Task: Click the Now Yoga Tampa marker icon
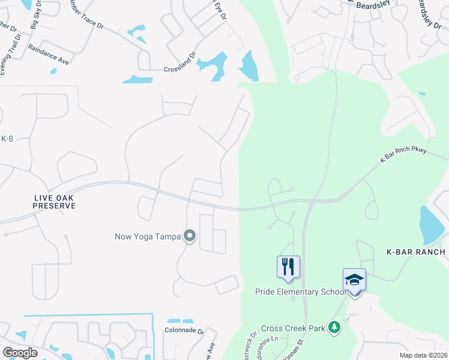pyautogui.click(x=190, y=236)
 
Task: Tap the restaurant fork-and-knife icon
pyautogui.click(x=288, y=266)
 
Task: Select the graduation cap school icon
pyautogui.click(x=354, y=280)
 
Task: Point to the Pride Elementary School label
pyautogui.click(x=301, y=292)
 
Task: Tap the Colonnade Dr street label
pyautogui.click(x=184, y=331)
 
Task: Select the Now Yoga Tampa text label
pyautogui.click(x=148, y=236)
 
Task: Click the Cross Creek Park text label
pyautogui.click(x=292, y=328)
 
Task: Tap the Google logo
pyautogui.click(x=20, y=353)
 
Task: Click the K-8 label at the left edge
pyautogui.click(x=7, y=139)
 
